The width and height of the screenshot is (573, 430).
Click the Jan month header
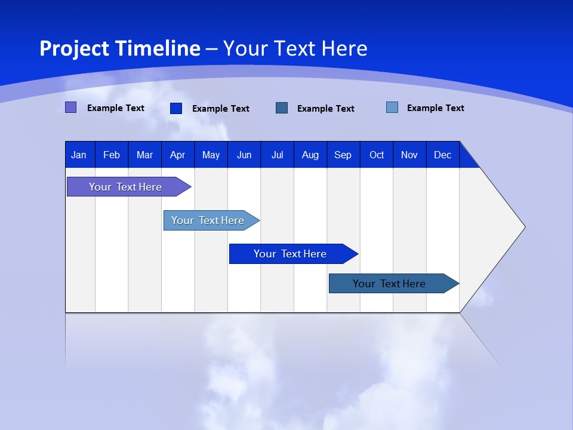[79, 155]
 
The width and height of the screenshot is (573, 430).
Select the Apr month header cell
[177, 155]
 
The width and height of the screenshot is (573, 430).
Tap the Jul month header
[277, 155]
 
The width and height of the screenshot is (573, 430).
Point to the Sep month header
[343, 155]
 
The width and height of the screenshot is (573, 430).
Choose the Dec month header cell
[442, 155]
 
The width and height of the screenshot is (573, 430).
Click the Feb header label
[112, 155]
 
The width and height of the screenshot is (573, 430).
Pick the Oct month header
[376, 155]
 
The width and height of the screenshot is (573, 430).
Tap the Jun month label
[244, 155]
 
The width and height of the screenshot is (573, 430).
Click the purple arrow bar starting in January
[125, 187]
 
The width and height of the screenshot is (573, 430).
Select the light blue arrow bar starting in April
[208, 220]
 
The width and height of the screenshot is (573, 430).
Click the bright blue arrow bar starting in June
[290, 254]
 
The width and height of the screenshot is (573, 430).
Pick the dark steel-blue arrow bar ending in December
[389, 284]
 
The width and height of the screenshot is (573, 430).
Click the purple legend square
[70, 107]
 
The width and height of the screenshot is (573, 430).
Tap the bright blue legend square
[176, 108]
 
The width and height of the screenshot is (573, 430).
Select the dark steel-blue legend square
[282, 107]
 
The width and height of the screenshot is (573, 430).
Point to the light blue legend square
[392, 107]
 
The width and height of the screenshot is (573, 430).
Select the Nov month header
[409, 155]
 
